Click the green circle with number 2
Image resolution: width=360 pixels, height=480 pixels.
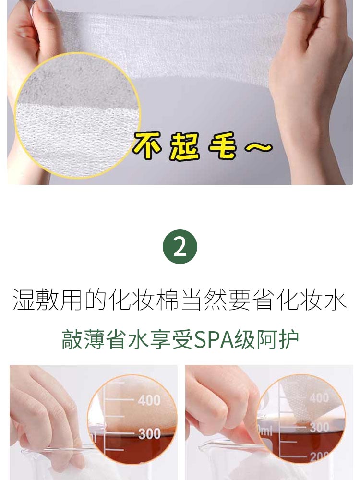(x=180, y=247)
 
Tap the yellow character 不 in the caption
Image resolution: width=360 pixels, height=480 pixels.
(x=147, y=145)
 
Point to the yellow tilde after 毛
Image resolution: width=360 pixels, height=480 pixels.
(x=259, y=147)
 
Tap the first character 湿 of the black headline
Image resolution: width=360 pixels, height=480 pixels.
(x=24, y=299)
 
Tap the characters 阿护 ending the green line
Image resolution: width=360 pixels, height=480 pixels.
(x=278, y=340)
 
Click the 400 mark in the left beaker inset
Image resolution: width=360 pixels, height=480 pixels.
(x=149, y=400)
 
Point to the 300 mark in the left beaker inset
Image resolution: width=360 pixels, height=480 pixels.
(x=149, y=434)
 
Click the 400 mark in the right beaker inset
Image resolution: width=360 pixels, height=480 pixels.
(x=319, y=397)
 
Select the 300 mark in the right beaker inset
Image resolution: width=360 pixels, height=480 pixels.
(x=319, y=427)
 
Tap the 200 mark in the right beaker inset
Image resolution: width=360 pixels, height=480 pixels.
(x=319, y=456)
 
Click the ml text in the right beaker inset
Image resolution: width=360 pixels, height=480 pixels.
(x=265, y=431)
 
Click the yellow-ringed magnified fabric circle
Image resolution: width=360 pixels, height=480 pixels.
(x=77, y=115)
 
